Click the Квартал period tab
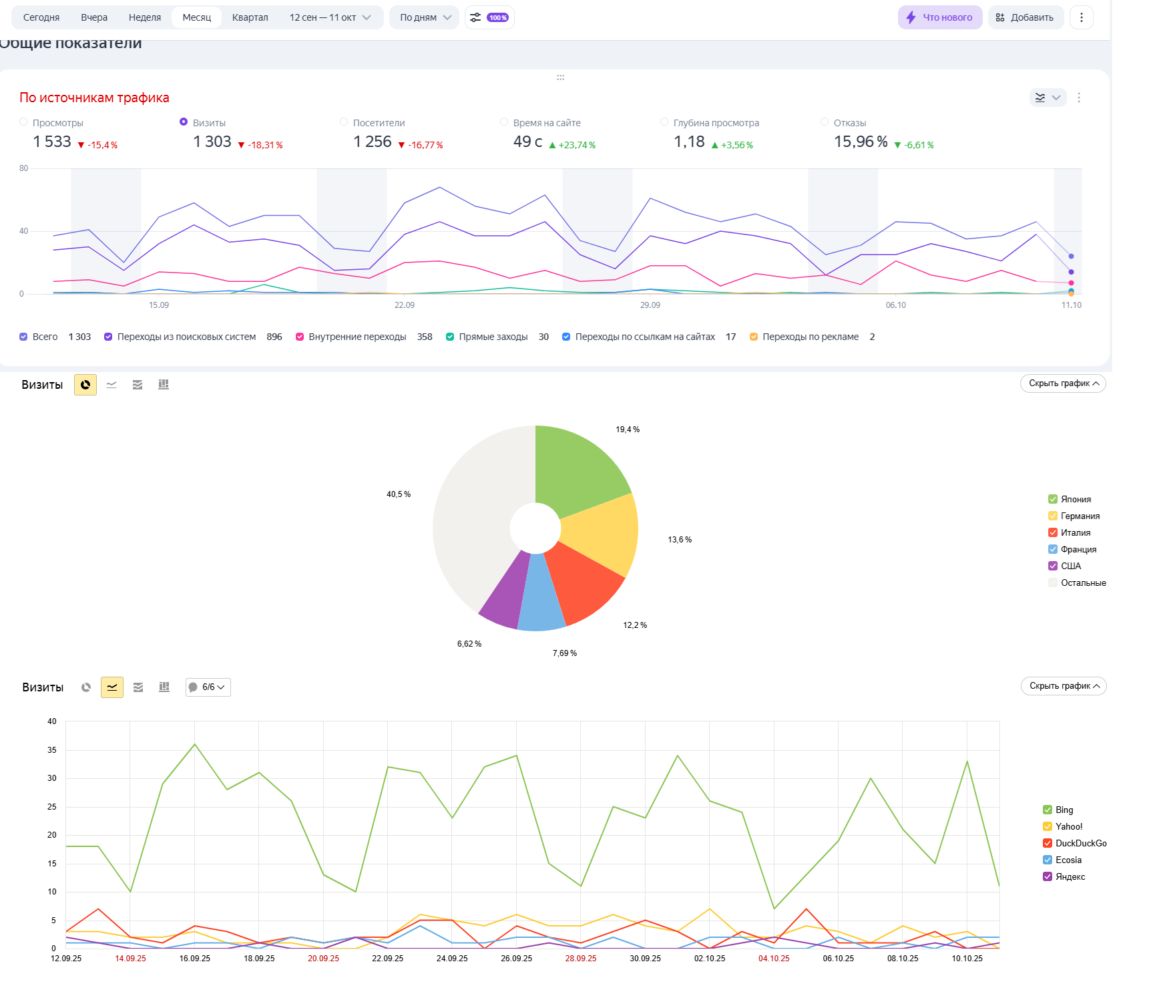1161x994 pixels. pos(250,17)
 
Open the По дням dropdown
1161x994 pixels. pos(425,17)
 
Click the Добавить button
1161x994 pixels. pos(1025,17)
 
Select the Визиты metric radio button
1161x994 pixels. pos(184,122)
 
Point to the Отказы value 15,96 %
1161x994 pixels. pos(861,142)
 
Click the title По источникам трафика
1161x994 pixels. pos(94,98)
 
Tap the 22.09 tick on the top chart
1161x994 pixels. pos(404,305)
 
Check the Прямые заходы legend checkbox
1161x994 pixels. pos(450,337)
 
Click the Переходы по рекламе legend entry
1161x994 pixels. pos(810,337)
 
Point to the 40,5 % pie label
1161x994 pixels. pos(399,494)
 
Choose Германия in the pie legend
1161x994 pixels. pos(1080,516)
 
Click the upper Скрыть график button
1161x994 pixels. pos(1063,383)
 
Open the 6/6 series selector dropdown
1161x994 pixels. pos(208,687)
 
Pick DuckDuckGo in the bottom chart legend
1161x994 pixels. pos(1080,843)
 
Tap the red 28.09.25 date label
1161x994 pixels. pos(581,959)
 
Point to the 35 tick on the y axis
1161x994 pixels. pos(52,750)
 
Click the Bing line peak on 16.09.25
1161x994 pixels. pos(195,744)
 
